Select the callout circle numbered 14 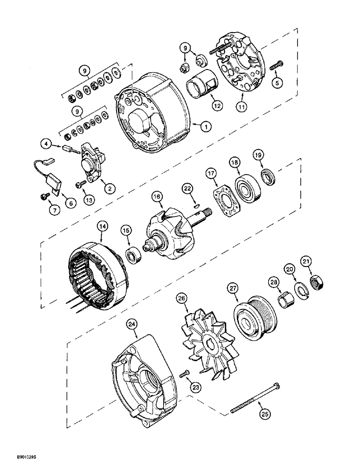pos(102,227)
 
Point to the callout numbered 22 pos(187,188)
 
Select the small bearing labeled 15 pos(135,255)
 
